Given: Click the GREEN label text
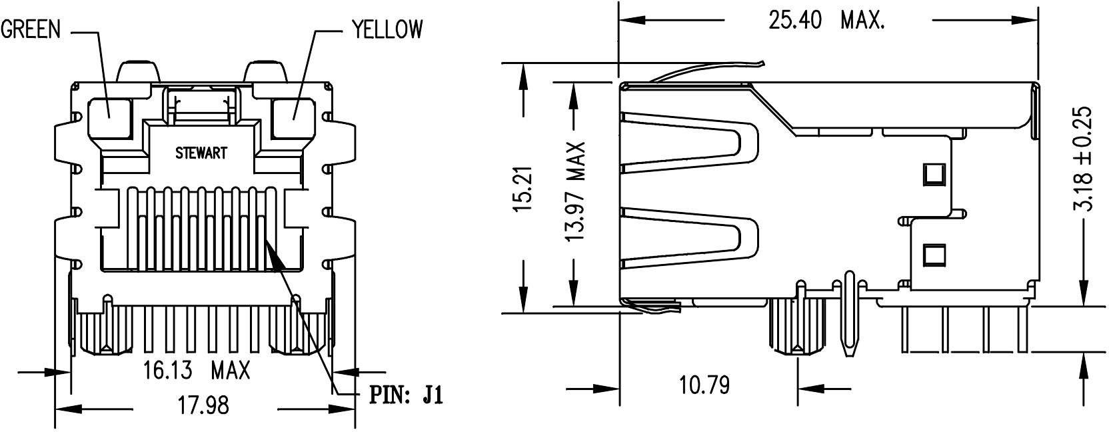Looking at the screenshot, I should coord(31,29).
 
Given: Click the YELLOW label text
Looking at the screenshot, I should coord(387,29).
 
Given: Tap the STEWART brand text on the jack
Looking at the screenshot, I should coord(201,153).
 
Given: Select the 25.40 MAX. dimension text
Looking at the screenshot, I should coord(826,21).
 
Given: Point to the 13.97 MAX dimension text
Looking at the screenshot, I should coord(574,191).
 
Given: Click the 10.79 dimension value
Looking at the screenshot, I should coord(704,385).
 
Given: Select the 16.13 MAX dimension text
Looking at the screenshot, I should coord(197,370).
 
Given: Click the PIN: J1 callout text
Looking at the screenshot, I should coord(406,397).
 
